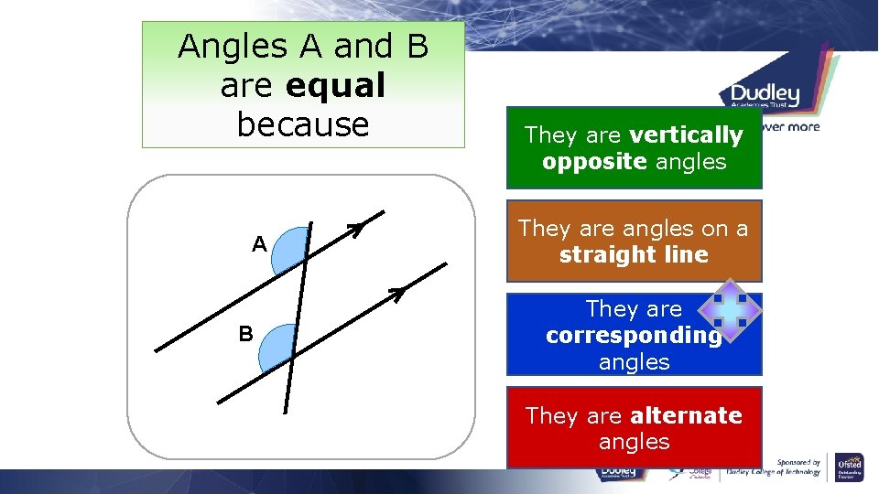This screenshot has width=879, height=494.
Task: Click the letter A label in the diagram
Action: coord(260,244)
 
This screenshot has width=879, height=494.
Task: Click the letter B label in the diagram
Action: coord(245,334)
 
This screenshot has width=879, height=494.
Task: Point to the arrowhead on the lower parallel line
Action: coord(396,293)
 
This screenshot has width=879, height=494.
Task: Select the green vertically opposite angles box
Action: coord(634,148)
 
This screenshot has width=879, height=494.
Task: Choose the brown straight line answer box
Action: coord(634,241)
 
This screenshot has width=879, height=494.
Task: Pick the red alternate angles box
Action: coord(634,428)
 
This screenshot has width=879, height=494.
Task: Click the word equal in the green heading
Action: coord(335,85)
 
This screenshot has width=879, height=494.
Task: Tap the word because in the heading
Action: coord(302,124)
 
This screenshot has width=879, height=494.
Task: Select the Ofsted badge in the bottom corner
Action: coord(850,466)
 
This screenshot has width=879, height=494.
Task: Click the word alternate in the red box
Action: coord(686,415)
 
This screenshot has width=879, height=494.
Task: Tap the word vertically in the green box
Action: coord(686,135)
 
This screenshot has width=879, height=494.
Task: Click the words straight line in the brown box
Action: coord(634,254)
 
